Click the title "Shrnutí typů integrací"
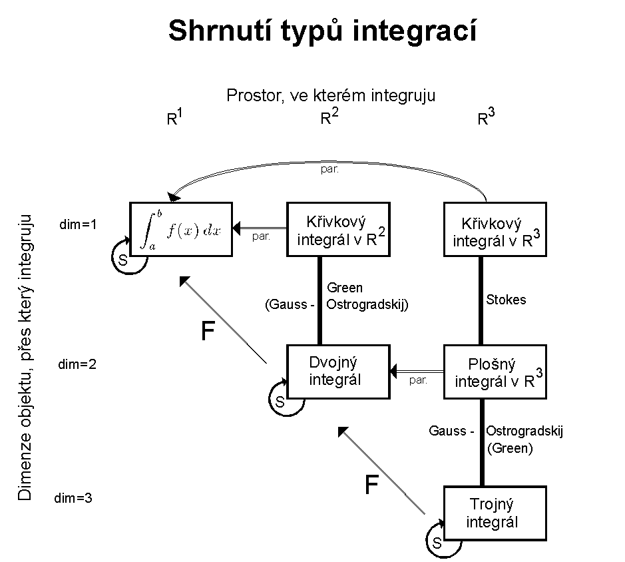pyautogui.click(x=322, y=31)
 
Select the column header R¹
pyautogui.click(x=174, y=118)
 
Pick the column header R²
pyautogui.click(x=330, y=118)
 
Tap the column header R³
pyautogui.click(x=487, y=118)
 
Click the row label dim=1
pyautogui.click(x=78, y=224)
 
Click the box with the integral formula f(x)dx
pyautogui.click(x=181, y=229)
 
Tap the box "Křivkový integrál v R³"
pyautogui.click(x=495, y=229)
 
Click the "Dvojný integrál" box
pyautogui.click(x=337, y=371)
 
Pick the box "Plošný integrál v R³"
pyautogui.click(x=495, y=371)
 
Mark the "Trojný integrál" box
pyautogui.click(x=495, y=512)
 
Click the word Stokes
pyautogui.click(x=507, y=300)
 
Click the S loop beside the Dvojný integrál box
pyautogui.click(x=280, y=402)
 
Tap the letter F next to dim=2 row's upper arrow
pyautogui.click(x=208, y=332)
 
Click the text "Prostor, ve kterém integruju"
pyautogui.click(x=331, y=95)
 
